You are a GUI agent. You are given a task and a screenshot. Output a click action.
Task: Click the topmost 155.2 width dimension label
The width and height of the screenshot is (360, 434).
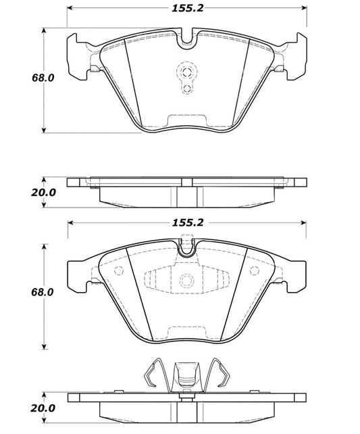coord(188,9)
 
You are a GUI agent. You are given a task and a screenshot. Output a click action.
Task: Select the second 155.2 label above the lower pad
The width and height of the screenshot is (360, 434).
coord(188,221)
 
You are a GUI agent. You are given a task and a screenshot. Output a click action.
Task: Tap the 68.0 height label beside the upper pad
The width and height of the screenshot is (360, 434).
coord(19,79)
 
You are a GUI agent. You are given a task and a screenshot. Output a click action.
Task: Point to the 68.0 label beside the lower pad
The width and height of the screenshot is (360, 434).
coord(19,292)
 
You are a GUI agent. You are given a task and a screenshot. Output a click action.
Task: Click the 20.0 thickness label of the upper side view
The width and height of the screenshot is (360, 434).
coord(19,191)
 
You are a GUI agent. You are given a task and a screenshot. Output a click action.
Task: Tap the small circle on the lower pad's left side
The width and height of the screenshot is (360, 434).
coord(120,272)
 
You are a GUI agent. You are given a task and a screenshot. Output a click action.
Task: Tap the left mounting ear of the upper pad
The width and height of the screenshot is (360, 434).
coord(80,55)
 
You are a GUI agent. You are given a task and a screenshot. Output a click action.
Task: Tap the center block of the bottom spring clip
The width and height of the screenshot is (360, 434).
coord(186,376)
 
